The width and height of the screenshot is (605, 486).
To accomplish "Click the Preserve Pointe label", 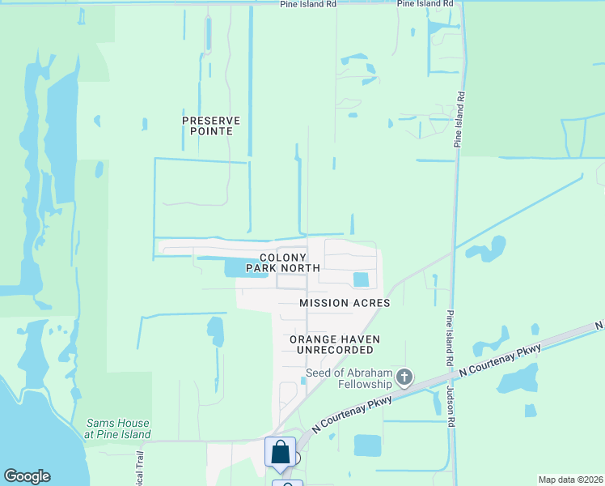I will click(212, 126).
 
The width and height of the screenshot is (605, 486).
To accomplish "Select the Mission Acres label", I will click(345, 303).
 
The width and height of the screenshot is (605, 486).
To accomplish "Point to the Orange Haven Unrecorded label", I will click(335, 344).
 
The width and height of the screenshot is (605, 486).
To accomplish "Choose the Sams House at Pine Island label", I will click(117, 428).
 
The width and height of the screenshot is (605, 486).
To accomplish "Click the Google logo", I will click(27, 476).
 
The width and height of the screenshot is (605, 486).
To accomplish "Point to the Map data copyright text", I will click(570, 480).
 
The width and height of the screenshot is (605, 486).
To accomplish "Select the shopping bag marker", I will click(280, 452).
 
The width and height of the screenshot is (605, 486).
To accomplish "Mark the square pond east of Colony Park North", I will click(361, 280).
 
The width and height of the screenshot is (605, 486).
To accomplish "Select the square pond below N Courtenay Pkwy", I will click(367, 446).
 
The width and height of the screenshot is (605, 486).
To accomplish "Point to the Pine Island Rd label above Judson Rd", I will click(447, 329).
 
